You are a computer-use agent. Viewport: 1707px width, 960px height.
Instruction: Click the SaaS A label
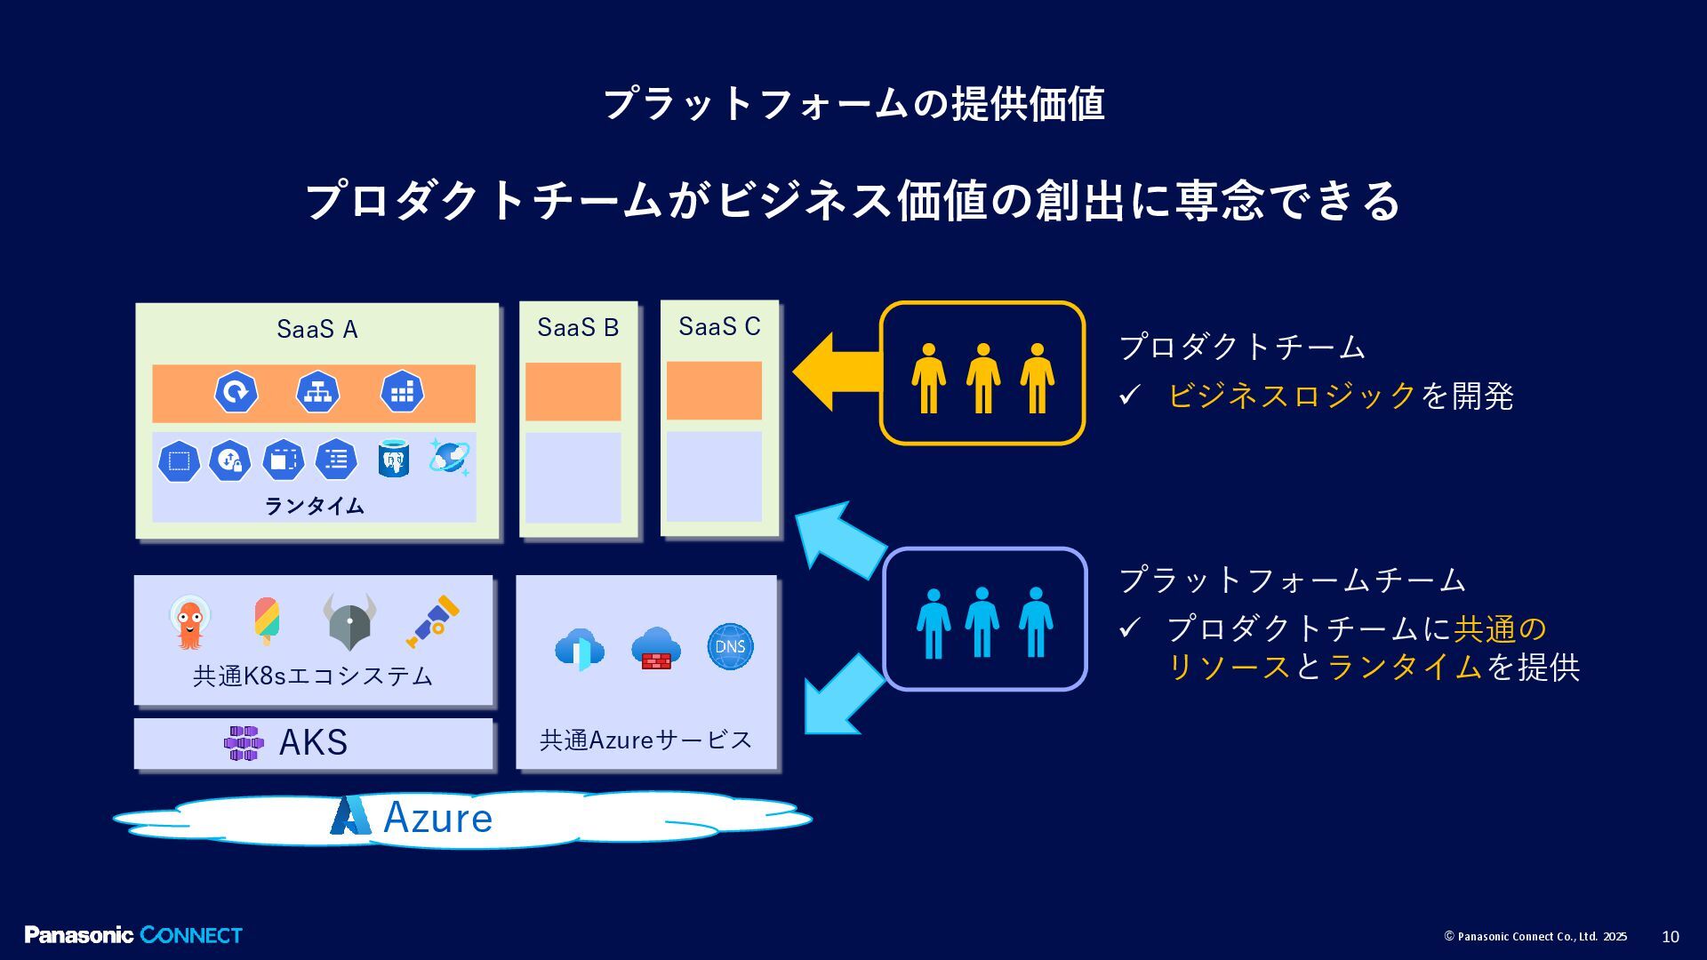click(317, 330)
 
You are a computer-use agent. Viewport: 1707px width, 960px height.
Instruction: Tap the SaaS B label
click(578, 328)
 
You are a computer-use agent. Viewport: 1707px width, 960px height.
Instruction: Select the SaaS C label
click(719, 327)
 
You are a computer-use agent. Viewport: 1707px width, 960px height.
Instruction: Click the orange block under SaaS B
click(573, 391)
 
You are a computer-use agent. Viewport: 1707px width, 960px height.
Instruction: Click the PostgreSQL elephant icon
click(393, 460)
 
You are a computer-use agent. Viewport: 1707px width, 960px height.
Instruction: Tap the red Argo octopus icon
click(188, 622)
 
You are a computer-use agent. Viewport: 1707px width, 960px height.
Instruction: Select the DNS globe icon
click(730, 646)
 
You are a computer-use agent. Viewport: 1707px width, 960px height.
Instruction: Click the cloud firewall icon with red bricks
click(655, 648)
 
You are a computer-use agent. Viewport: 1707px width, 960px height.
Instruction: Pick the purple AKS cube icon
click(243, 743)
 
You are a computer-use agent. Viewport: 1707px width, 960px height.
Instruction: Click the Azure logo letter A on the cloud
click(350, 816)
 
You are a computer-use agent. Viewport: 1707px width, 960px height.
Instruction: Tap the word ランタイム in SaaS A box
click(314, 506)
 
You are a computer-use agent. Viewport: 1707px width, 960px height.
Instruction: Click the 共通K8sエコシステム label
click(313, 676)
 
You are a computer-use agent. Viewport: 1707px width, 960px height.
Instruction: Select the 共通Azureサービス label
click(645, 740)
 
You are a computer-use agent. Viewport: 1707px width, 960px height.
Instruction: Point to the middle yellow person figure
click(982, 378)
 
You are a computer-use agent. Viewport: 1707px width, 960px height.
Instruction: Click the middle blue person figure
click(982, 621)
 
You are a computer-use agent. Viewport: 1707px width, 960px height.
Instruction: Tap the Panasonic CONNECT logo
click(133, 935)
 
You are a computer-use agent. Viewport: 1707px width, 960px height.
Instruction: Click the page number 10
click(1670, 937)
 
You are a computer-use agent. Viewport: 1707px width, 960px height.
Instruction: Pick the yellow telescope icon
click(433, 620)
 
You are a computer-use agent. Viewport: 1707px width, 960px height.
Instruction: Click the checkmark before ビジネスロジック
click(1129, 396)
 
